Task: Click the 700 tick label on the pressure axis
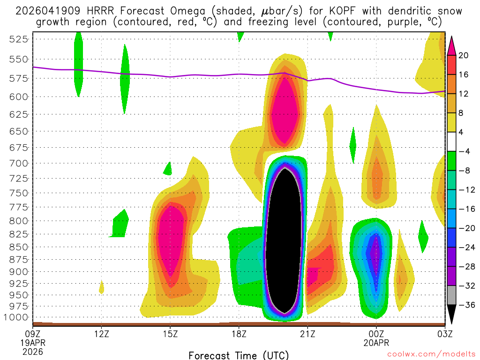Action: (17, 163)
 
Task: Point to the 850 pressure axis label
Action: (17, 247)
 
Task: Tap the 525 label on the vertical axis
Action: (17, 39)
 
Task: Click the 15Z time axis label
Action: (170, 334)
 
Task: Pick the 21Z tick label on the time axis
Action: (307, 334)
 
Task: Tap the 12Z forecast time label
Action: (102, 334)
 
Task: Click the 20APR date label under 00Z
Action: (376, 343)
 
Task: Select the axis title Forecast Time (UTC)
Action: (239, 355)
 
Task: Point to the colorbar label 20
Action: (464, 55)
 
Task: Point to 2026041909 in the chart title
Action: (46, 11)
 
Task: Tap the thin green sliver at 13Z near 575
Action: (124, 80)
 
